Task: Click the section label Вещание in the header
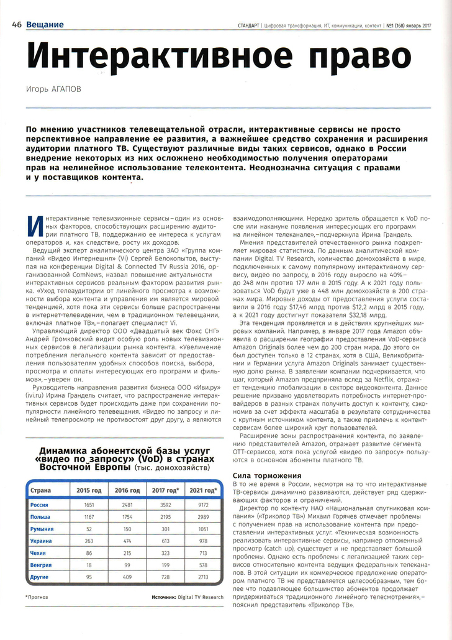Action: [x=45, y=25]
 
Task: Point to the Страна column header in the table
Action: [x=41, y=491]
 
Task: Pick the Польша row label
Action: [x=40, y=517]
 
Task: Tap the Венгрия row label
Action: [x=42, y=565]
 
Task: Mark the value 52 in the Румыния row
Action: [x=84, y=529]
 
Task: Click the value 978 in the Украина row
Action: [x=202, y=541]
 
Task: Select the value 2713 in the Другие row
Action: [x=202, y=577]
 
